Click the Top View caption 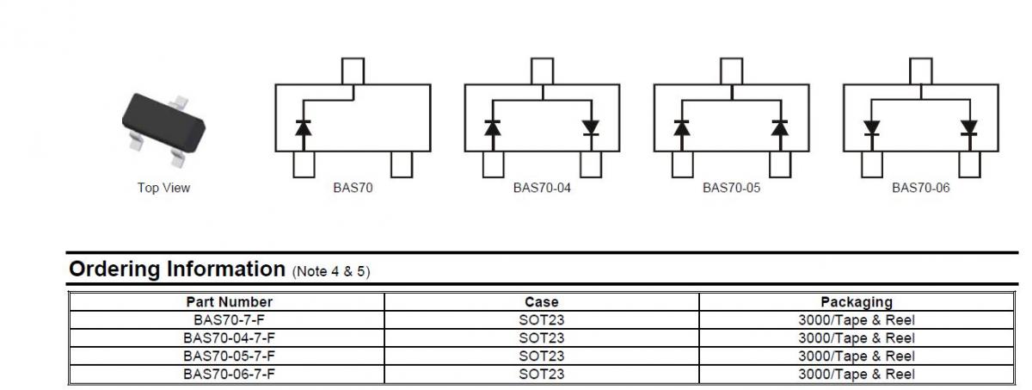pos(163,188)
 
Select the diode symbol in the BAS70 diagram pos(304,128)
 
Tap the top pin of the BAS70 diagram pos(353,71)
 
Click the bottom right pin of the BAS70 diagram pos(402,164)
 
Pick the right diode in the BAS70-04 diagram pos(590,128)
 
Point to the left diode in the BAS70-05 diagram pos(682,128)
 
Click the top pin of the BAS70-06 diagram pos(920,71)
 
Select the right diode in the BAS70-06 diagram pos(969,128)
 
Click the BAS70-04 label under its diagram pos(542,188)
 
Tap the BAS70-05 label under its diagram pos(731,188)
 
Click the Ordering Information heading pos(175,269)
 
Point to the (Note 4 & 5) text pos(331,271)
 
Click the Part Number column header pos(229,302)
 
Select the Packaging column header pos(857,302)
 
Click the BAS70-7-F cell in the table pos(229,319)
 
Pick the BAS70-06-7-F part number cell pos(229,374)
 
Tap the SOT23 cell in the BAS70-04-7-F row pos(542,337)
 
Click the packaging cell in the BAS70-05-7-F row pos(857,356)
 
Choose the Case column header pos(542,302)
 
